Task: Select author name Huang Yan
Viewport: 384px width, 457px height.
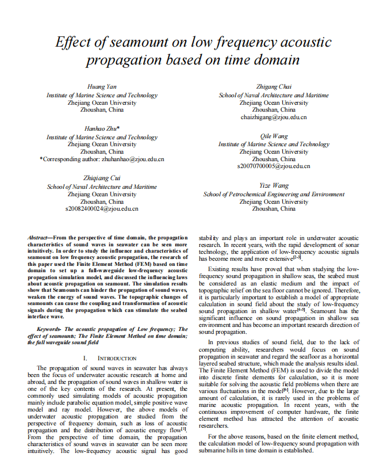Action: pos(102,86)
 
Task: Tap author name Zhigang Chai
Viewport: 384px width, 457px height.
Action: pos(273,86)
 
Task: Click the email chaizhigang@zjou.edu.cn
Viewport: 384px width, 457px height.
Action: pos(273,117)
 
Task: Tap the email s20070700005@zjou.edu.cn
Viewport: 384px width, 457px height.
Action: pos(273,166)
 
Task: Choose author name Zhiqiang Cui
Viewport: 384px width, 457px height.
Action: pos(102,178)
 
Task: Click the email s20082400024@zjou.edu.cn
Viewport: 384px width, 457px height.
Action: pos(102,209)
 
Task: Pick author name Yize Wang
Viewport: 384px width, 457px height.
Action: pos(273,185)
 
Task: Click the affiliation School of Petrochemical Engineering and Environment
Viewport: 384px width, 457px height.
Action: pos(274,194)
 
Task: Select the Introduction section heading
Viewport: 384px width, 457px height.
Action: pos(117,357)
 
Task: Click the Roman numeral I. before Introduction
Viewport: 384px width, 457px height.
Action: pos(86,357)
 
